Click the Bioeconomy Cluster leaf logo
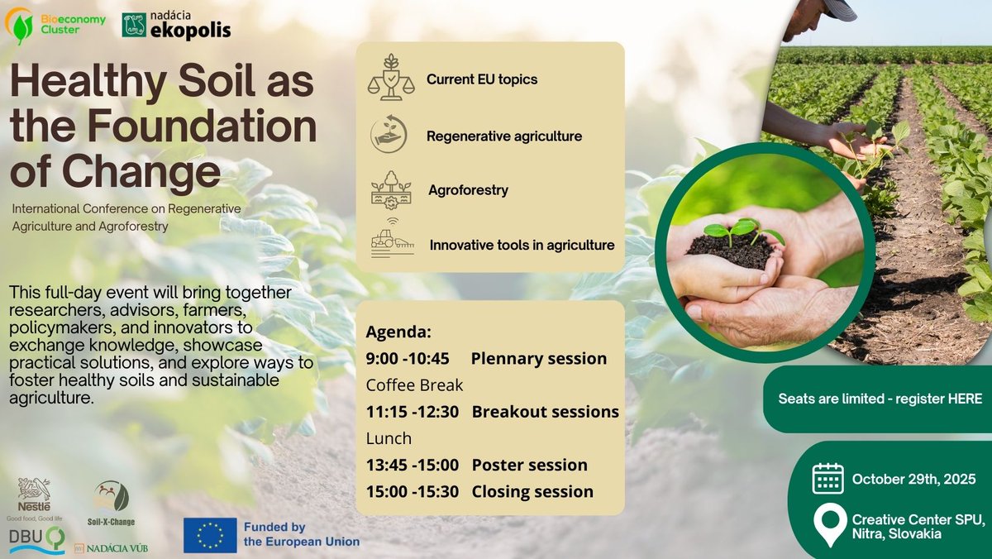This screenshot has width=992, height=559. point(20,26)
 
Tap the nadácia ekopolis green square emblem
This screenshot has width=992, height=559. point(134,25)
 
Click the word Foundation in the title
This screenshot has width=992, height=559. point(202,126)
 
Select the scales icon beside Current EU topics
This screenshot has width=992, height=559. point(391,78)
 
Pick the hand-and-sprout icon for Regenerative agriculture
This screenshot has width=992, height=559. point(389,134)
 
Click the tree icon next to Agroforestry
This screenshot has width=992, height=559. point(391,190)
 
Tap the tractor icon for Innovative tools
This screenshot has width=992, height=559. point(393,239)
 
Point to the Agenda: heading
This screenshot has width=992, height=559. point(398,332)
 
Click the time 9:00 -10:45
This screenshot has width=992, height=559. point(408,358)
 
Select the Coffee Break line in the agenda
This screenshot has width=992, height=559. point(414,385)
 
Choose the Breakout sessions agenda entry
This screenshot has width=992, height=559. point(545,412)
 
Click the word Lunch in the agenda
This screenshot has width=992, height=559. point(389,438)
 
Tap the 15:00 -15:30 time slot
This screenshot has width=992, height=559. point(413,491)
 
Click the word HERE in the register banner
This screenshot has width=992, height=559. point(965,399)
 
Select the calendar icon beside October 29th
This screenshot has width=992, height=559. point(827,479)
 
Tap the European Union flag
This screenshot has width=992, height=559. point(210,535)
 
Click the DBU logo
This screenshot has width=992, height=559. point(37,540)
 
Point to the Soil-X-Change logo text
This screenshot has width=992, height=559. point(111,521)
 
